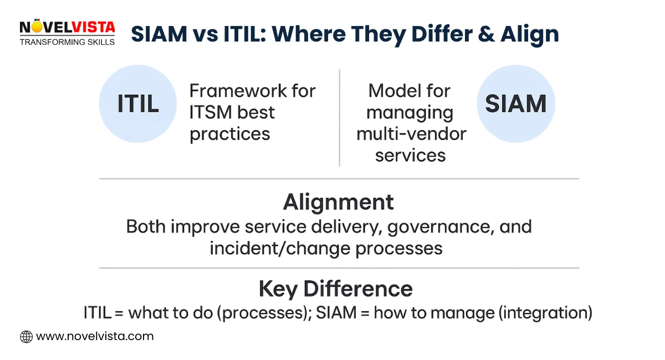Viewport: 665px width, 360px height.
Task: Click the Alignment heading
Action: tap(338, 202)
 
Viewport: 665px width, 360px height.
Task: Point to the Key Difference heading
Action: tap(335, 289)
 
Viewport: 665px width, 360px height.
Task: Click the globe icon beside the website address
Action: tap(26, 336)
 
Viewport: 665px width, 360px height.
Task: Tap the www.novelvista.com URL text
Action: tap(94, 336)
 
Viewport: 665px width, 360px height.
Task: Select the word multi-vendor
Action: tap(411, 134)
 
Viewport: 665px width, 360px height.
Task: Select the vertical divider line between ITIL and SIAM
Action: tap(339, 117)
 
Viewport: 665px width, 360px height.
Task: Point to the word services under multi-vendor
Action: tap(410, 156)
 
